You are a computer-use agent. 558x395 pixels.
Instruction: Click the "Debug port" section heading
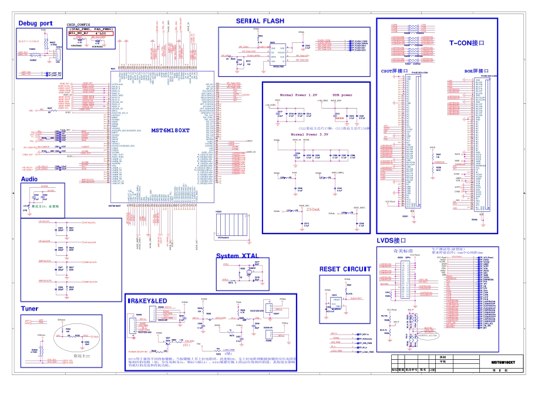pos(35,23)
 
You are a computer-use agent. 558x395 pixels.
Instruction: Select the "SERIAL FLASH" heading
pos(260,21)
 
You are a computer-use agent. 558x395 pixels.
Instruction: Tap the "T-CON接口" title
pos(467,43)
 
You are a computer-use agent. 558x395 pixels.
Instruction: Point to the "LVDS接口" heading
pos(392,241)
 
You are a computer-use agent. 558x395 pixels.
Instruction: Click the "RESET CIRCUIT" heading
pos(345,269)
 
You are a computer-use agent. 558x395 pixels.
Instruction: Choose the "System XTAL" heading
pos(237,256)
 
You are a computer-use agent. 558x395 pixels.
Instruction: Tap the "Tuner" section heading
pos(29,308)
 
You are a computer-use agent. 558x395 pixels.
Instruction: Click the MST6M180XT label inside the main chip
pos(170,130)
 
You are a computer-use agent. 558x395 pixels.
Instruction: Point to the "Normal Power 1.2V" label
pos(298,95)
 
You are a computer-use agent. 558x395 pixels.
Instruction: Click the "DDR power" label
pos(342,95)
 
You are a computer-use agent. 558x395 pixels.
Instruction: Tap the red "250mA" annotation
pos(313,210)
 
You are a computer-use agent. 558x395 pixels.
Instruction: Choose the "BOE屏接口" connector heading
pos(477,71)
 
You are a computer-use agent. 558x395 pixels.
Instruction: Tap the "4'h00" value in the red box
pos(101,34)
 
